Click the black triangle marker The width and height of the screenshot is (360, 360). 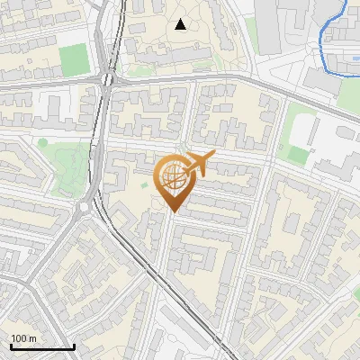(x=181, y=24)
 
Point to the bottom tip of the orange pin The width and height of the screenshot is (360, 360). (x=172, y=212)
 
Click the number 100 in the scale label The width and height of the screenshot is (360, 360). (x=18, y=338)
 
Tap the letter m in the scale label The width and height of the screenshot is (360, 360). (x=32, y=338)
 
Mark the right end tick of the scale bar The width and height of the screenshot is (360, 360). (x=74, y=346)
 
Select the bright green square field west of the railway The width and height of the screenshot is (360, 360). (x=74, y=59)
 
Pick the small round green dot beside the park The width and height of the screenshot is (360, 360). (x=42, y=142)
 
